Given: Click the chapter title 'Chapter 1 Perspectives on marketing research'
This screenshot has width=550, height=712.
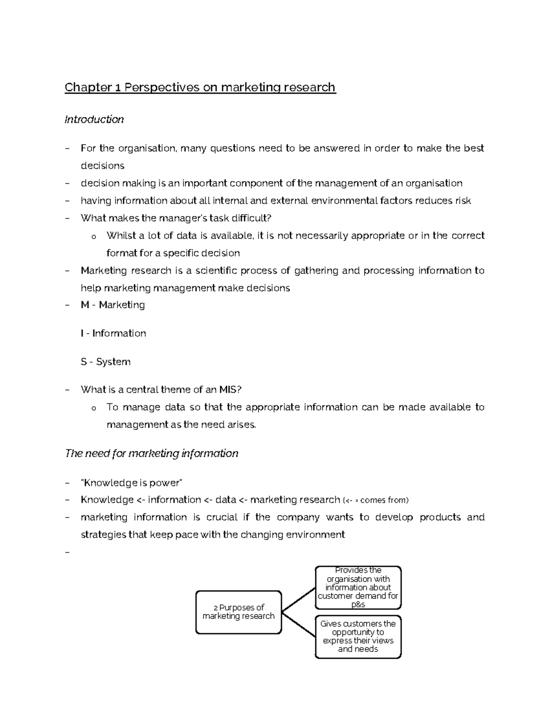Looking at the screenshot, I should pos(200,87).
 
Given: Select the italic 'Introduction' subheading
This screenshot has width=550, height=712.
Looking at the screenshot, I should pos(94,120).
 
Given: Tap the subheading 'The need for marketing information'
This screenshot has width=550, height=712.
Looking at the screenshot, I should pos(152,453).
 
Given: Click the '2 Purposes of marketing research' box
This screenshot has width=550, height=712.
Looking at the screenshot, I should pos(238,612).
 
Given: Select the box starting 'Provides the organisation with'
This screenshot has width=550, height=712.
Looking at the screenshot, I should pos(358,587).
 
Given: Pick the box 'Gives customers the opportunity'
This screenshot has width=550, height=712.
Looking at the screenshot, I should pos(358,636).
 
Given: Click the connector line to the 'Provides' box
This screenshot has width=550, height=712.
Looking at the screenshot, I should pos(298,600).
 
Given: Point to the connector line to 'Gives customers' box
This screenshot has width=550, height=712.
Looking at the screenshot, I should pos(298,624).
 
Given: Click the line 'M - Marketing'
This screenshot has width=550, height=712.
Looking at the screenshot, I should pos(113,305).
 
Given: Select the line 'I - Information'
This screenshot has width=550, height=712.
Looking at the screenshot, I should pos(113,333).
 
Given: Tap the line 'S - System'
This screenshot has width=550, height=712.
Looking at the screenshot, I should pos(105,362).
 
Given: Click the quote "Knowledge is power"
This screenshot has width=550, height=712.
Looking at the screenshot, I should pos(132,483).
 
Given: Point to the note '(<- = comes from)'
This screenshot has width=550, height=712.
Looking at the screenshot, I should pos(375,500).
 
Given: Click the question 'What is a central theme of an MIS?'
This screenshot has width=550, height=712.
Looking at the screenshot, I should pos(161,390).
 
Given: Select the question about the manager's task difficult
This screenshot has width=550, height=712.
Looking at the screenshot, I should pos(173,218).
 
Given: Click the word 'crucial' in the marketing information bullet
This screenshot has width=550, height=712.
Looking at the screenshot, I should pos(222,517).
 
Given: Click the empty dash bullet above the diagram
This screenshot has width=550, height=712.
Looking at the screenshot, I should pos(68,552).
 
